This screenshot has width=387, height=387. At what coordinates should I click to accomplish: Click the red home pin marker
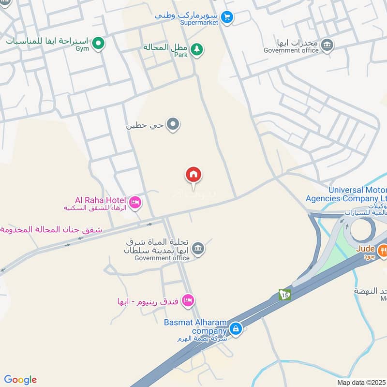[x=193, y=175]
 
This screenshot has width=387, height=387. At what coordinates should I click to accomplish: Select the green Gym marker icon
[x=99, y=44]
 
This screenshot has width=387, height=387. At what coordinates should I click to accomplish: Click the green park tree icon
[x=196, y=49]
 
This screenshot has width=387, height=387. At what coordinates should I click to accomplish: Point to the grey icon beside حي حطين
[x=173, y=125]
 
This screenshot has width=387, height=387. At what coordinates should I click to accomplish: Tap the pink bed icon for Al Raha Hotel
[x=135, y=202]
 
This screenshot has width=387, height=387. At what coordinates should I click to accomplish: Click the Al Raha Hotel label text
[x=100, y=200]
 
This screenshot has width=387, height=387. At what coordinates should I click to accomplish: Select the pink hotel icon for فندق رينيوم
[x=188, y=301]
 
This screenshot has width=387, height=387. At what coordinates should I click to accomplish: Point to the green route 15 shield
[x=284, y=295]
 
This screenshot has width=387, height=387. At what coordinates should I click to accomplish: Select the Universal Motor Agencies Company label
[x=346, y=194]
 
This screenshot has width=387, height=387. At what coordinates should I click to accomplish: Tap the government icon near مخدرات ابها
[x=327, y=45]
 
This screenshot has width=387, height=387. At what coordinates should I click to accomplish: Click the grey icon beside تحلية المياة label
[x=197, y=249]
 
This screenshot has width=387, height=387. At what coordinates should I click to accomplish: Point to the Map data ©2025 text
[x=360, y=382]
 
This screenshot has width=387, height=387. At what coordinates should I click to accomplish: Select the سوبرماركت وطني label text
[x=187, y=15]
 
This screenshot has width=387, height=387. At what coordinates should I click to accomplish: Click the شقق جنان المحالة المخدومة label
[x=51, y=229]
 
